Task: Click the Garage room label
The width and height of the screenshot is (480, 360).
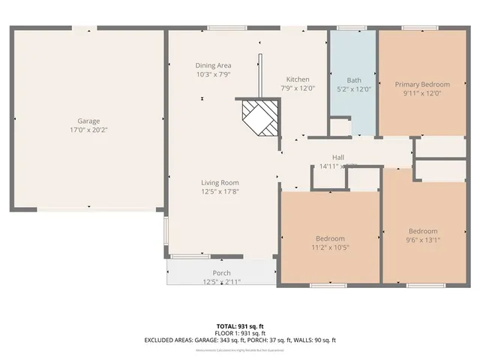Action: coord(88,121)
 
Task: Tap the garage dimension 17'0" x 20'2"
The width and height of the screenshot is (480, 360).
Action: coord(88,130)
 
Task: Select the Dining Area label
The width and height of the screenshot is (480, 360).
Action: coord(214,65)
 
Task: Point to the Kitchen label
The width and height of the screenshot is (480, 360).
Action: coord(298,79)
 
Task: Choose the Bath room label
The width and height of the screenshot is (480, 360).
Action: coord(353,80)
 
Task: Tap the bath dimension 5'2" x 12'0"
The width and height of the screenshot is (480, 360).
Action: coord(353,89)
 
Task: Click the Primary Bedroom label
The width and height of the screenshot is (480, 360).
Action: coord(422,85)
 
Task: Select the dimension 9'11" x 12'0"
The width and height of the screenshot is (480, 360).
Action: coord(422,94)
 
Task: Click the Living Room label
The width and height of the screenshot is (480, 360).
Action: coord(220,182)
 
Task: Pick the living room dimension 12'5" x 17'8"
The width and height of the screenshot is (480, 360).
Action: coord(220,191)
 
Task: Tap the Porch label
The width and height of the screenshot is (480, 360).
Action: coord(222,272)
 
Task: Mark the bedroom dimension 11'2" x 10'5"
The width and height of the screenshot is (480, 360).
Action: coord(330,247)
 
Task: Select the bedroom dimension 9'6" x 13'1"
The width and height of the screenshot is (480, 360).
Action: coord(423,240)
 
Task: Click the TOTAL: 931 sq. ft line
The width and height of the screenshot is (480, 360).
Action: coord(240,327)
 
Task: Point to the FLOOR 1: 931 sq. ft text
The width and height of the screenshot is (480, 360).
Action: coord(240,334)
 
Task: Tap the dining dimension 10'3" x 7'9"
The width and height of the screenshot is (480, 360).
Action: coord(214,74)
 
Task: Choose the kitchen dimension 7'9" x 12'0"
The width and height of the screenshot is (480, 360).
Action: coord(298,88)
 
